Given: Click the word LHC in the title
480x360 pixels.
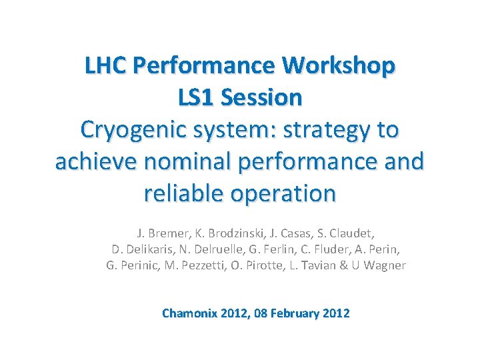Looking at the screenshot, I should [107, 66].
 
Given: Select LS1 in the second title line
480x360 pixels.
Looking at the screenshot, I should [197, 98].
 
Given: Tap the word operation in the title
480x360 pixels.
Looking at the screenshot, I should [285, 194].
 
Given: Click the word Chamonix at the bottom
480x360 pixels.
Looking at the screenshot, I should [191, 313].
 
